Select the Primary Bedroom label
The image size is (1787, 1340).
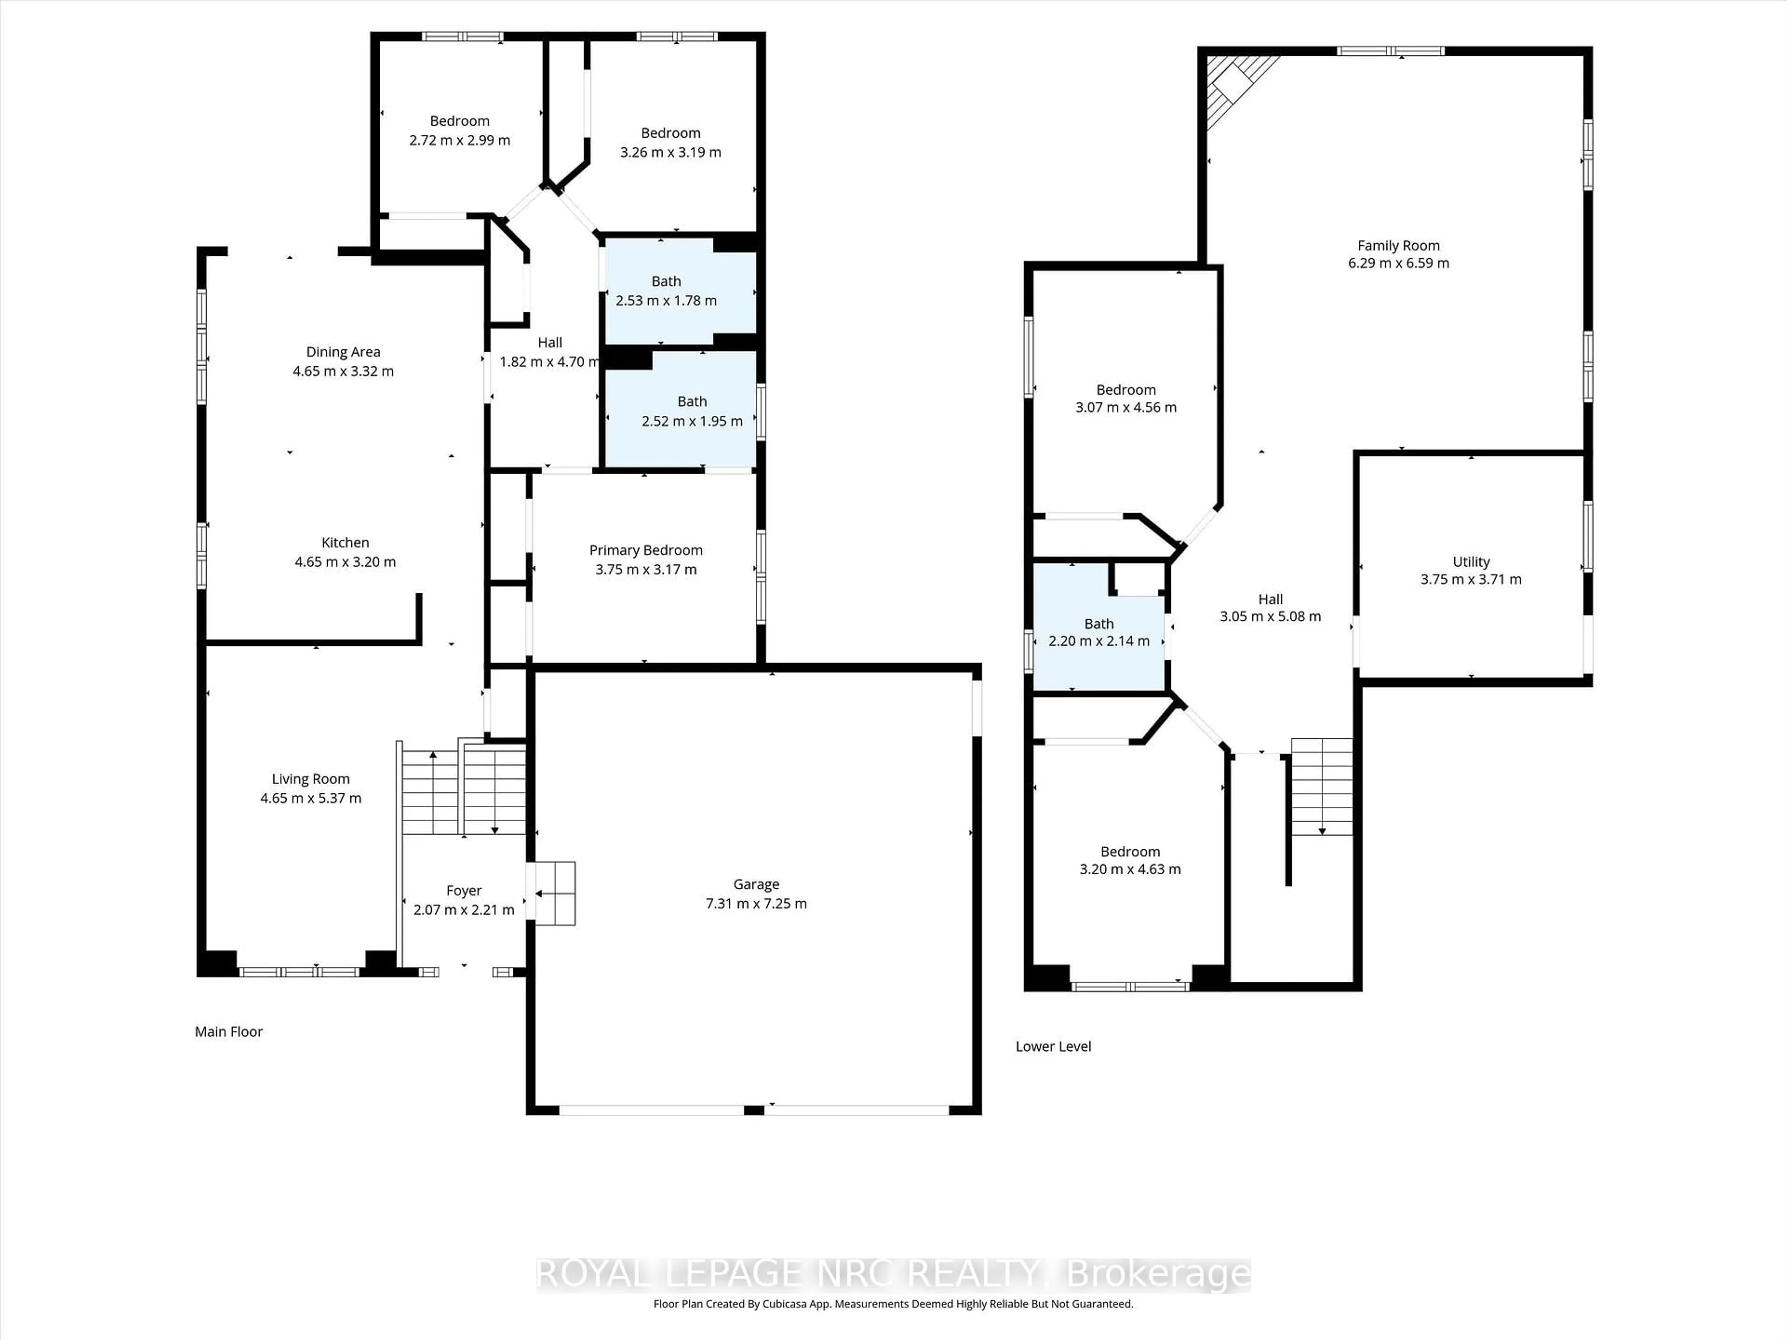(x=645, y=550)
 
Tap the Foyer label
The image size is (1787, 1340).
(x=464, y=890)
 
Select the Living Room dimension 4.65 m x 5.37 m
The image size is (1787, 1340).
(x=310, y=798)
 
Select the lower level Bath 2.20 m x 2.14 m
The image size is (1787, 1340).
(x=1099, y=632)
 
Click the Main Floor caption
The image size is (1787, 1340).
(x=228, y=1032)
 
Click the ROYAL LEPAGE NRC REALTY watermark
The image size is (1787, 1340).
(x=893, y=1274)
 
